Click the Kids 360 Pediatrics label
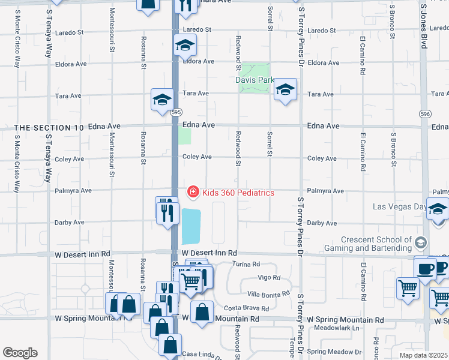(x=238, y=193)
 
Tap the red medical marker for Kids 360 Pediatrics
(x=193, y=193)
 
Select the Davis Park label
(x=255, y=80)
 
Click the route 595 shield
(x=175, y=112)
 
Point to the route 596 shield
(x=425, y=113)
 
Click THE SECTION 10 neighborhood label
(x=49, y=128)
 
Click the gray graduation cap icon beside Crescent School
(x=421, y=242)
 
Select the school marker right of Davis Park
(x=285, y=90)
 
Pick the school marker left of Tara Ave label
(x=161, y=100)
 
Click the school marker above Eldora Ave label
(x=185, y=45)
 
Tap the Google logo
(x=19, y=353)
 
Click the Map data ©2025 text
(x=424, y=355)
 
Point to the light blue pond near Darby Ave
(x=191, y=223)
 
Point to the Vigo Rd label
(x=268, y=278)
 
